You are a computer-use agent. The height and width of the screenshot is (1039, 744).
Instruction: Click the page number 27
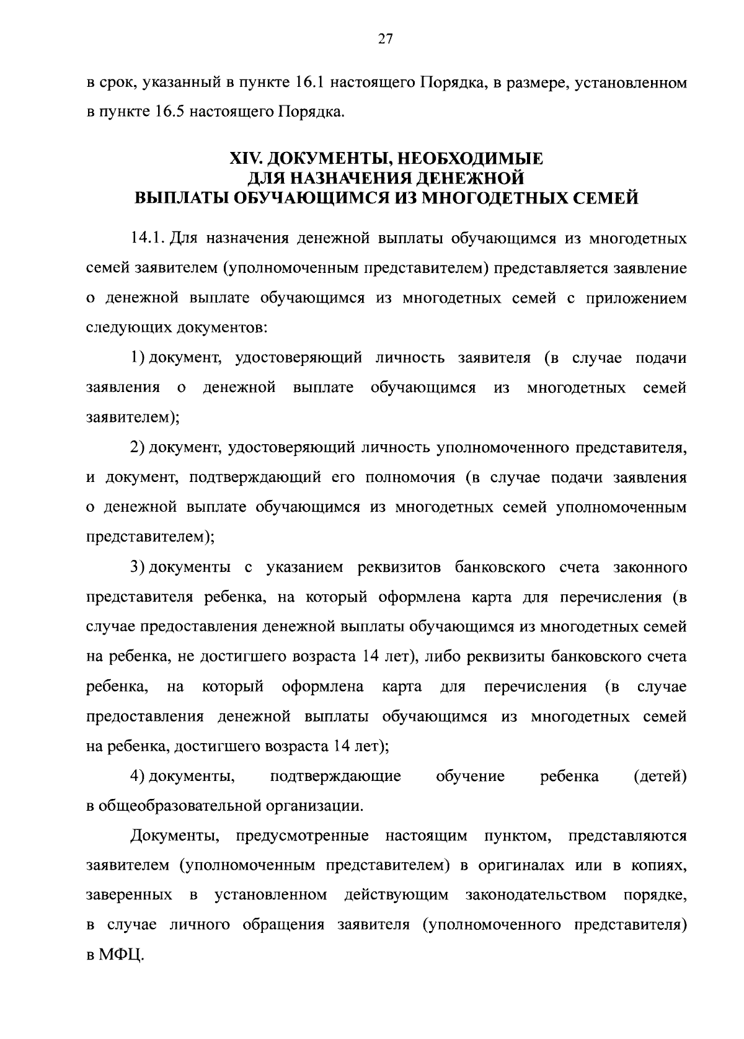point(385,39)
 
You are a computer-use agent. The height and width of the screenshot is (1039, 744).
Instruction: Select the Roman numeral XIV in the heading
point(244,159)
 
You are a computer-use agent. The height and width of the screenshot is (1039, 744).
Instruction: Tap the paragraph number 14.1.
point(146,238)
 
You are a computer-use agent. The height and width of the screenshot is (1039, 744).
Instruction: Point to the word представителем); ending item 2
point(150,537)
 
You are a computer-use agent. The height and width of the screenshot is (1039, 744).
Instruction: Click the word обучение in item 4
point(470,776)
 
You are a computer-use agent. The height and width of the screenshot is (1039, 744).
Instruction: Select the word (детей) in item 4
point(660,776)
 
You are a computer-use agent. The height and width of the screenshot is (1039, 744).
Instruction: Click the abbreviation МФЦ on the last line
point(120,955)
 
